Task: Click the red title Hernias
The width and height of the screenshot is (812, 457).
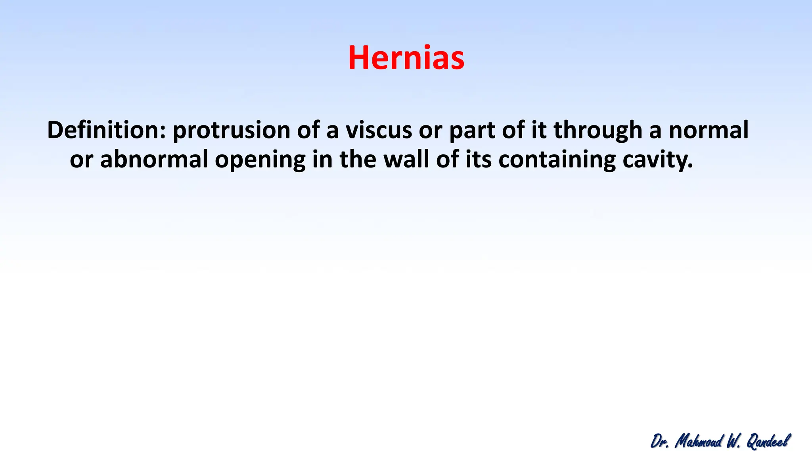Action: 406,58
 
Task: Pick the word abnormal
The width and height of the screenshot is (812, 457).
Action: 154,159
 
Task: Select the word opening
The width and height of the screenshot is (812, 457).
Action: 260,159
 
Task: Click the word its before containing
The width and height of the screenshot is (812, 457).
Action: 479,159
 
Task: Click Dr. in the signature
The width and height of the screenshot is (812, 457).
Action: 660,441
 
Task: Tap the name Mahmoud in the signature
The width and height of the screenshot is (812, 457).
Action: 699,441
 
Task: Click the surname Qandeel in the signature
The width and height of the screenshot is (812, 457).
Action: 768,441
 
